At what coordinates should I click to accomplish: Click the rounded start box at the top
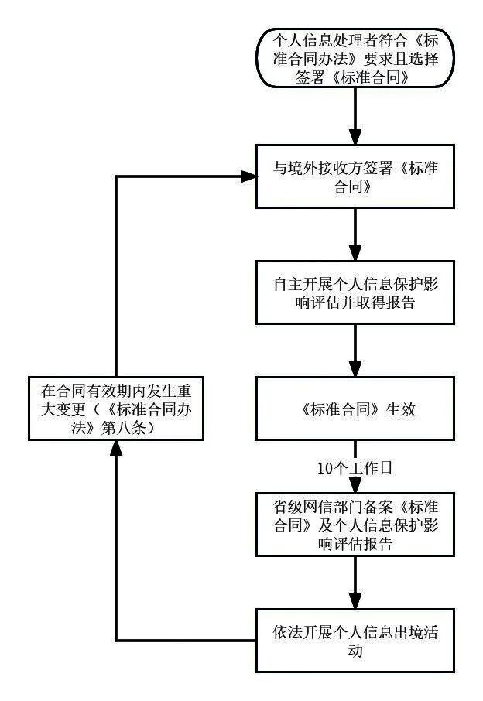(355, 58)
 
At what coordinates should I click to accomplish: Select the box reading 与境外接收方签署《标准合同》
(355, 177)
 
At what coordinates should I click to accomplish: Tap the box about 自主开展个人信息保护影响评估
(355, 293)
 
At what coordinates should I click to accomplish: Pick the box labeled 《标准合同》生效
(355, 409)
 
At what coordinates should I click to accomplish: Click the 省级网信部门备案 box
(355, 525)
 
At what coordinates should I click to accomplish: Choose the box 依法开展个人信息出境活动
(355, 641)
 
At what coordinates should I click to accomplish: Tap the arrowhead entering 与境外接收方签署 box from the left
(249, 177)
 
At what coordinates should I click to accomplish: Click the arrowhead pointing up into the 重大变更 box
(115, 448)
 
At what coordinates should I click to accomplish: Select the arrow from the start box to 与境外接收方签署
(355, 116)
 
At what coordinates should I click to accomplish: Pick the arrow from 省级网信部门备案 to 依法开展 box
(355, 583)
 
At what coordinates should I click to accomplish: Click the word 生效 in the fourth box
(402, 410)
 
